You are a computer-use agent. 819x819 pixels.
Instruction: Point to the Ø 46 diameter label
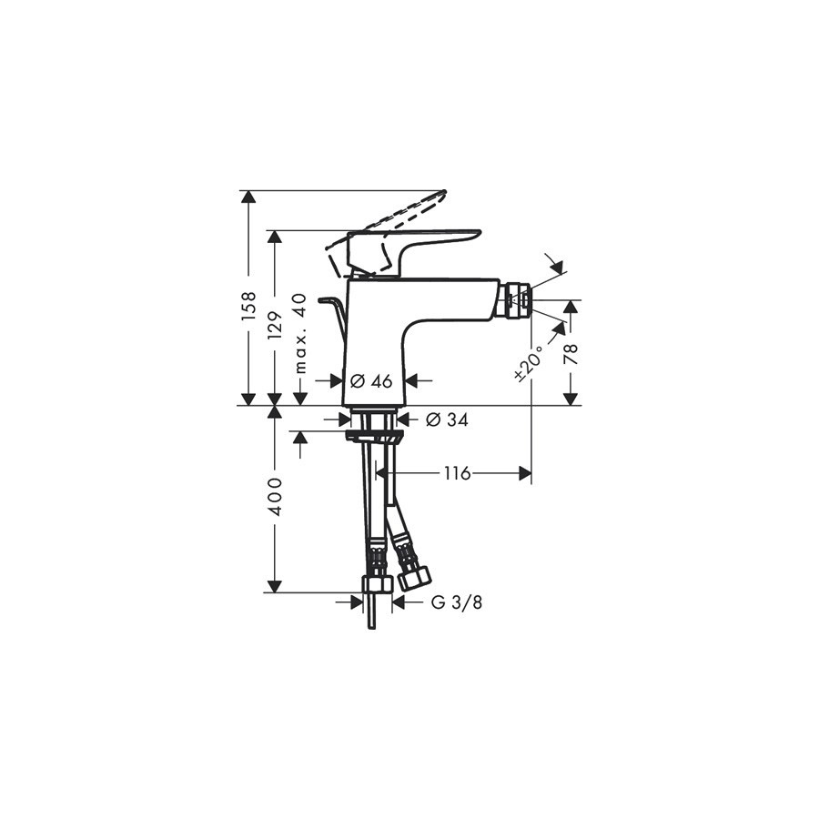(x=371, y=381)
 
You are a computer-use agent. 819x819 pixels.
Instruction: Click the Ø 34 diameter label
(x=447, y=419)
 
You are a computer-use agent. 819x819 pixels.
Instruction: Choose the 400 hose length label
(x=275, y=497)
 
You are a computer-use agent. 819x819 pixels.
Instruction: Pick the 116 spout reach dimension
(x=458, y=474)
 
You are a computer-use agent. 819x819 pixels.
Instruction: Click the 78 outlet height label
(x=572, y=355)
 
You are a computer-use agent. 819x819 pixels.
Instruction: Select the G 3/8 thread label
(x=457, y=602)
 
